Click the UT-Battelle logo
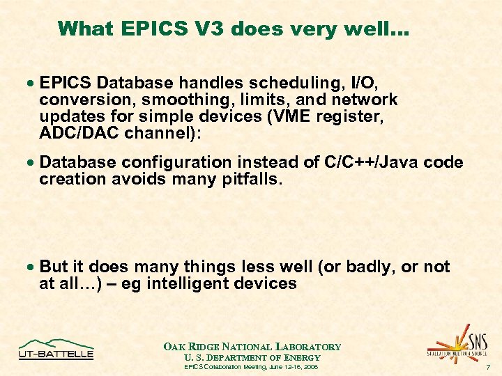tap(56, 349)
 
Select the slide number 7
tap(488, 366)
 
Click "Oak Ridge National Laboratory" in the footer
tap(252, 346)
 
